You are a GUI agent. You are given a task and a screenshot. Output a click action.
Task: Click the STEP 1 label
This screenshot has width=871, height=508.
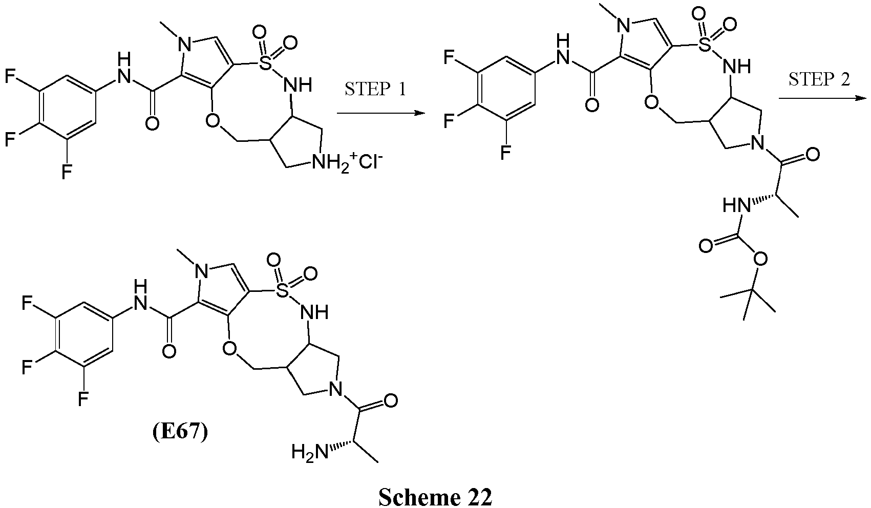point(375,90)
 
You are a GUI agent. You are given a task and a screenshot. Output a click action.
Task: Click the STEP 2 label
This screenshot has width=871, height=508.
point(819,80)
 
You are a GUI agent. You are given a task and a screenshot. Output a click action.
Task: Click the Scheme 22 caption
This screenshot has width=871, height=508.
point(435,497)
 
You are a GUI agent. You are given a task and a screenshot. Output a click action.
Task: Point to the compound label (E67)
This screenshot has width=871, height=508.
point(180,432)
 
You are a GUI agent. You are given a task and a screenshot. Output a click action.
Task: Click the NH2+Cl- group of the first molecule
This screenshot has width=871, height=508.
point(347,161)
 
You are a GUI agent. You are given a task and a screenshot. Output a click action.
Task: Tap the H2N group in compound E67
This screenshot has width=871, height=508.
point(310,452)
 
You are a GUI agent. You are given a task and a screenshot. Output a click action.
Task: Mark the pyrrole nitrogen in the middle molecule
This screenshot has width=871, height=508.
point(625,27)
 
